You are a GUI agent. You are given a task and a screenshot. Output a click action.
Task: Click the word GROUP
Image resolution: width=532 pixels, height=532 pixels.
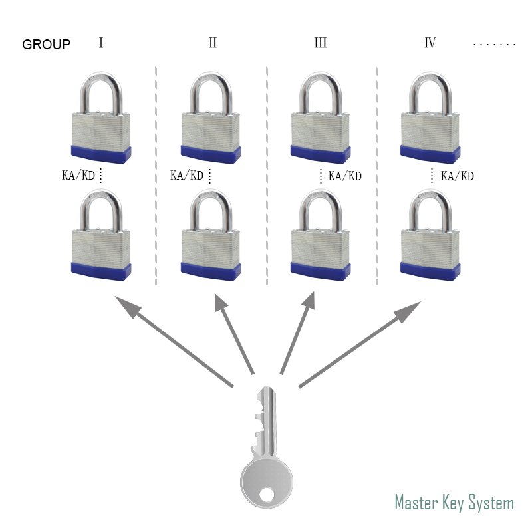(x=46, y=45)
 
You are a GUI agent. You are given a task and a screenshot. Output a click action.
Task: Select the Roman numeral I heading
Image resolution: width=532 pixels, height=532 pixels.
(x=101, y=43)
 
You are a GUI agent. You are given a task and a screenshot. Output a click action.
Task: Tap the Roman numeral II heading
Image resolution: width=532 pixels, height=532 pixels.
(x=212, y=43)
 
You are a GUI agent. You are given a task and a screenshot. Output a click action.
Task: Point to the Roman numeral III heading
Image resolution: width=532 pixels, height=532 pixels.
(x=320, y=43)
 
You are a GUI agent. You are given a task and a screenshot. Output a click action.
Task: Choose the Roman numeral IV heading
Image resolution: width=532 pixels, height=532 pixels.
(x=430, y=43)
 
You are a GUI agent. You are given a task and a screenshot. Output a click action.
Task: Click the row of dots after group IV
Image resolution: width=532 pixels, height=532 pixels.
(x=494, y=45)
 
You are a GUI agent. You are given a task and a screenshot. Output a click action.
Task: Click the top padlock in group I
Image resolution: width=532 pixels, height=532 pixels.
(x=100, y=120)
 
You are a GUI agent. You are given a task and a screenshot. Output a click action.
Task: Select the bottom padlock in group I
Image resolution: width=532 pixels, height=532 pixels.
(x=100, y=236)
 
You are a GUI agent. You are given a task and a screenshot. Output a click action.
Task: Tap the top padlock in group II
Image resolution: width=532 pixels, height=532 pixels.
(x=211, y=120)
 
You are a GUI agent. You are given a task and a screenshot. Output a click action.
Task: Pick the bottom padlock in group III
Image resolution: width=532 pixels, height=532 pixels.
(x=321, y=236)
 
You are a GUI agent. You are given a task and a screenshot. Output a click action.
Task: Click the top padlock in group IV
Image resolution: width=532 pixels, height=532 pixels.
(x=430, y=120)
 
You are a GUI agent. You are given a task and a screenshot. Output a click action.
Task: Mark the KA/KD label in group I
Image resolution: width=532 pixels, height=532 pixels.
(x=78, y=176)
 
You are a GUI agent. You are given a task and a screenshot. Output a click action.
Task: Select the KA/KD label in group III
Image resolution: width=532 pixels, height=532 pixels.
(x=345, y=176)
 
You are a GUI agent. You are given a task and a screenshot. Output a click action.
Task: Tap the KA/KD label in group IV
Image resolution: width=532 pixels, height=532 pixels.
(x=458, y=176)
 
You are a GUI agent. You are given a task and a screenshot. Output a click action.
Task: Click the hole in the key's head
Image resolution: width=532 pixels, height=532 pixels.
(x=266, y=494)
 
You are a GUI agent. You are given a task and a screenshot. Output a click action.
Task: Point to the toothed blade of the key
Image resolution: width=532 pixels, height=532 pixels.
(x=264, y=422)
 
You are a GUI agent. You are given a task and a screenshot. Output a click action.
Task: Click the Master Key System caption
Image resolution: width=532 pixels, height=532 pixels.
(x=454, y=502)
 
